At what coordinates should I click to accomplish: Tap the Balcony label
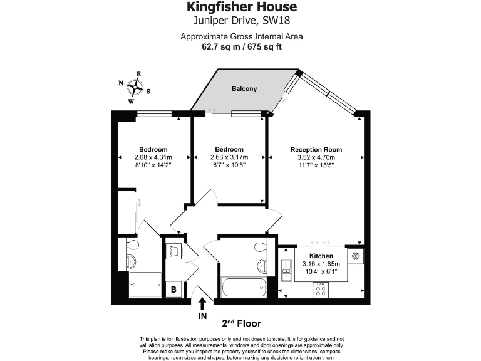pyautogui.click(x=244, y=89)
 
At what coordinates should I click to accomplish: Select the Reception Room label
pyautogui.click(x=316, y=149)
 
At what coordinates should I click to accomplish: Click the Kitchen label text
pyautogui.click(x=321, y=257)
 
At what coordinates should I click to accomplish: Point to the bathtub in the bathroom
pyautogui.click(x=244, y=288)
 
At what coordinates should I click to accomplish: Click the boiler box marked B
pyautogui.click(x=173, y=290)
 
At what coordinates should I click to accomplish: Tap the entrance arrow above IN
pyautogui.click(x=202, y=304)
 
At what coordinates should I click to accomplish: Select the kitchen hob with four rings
pyautogui.click(x=321, y=289)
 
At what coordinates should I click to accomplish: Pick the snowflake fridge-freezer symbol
pyautogui.click(x=355, y=256)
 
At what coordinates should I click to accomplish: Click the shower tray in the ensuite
pyautogui.click(x=144, y=284)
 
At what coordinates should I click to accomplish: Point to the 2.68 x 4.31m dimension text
pyautogui.click(x=153, y=157)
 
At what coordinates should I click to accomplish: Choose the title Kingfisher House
pyautogui.click(x=241, y=8)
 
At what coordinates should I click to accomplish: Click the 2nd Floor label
pyautogui.click(x=241, y=323)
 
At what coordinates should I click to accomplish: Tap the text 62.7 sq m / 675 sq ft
pyautogui.click(x=241, y=46)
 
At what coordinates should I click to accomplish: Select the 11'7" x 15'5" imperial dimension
pyautogui.click(x=316, y=165)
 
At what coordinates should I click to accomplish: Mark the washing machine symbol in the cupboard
pyautogui.click(x=173, y=251)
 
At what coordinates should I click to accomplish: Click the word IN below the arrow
pyautogui.click(x=202, y=317)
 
